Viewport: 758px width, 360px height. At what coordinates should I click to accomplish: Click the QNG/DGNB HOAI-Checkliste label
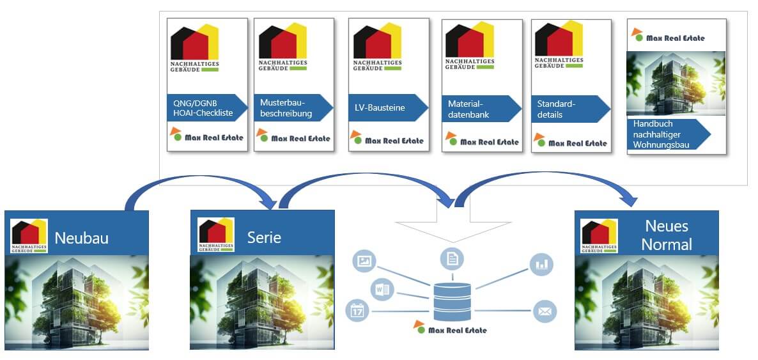[202, 108]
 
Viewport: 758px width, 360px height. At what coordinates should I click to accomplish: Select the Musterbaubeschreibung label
[286, 108]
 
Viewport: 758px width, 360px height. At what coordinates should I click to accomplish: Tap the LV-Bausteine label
[381, 108]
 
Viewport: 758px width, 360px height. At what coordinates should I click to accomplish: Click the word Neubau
[81, 239]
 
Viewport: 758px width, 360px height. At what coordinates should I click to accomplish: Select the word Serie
[264, 237]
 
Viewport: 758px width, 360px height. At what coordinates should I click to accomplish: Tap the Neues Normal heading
[666, 235]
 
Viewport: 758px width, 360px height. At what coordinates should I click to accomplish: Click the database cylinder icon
[452, 301]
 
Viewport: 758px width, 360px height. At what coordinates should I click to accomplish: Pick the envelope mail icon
[545, 312]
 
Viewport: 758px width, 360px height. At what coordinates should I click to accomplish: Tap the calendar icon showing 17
[357, 311]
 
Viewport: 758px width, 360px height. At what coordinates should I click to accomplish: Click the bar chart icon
[542, 264]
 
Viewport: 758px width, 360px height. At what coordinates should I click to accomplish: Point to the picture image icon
[365, 261]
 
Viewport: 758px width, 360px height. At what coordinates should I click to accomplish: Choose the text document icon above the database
[452, 259]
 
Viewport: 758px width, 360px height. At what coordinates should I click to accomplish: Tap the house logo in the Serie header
[216, 235]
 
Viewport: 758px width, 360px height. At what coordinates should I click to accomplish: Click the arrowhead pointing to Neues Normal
[630, 199]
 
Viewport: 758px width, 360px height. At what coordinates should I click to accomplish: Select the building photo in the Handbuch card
[676, 83]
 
